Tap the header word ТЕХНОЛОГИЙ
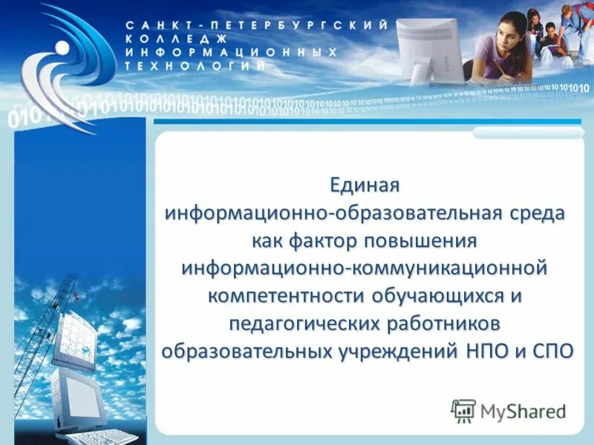[x=196, y=65]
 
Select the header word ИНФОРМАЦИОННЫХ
[x=231, y=52]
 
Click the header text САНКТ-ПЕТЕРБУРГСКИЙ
[x=256, y=25]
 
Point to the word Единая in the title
[x=365, y=182]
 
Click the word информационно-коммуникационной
[x=365, y=267]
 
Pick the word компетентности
[x=284, y=295]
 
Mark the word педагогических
[x=302, y=323]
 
